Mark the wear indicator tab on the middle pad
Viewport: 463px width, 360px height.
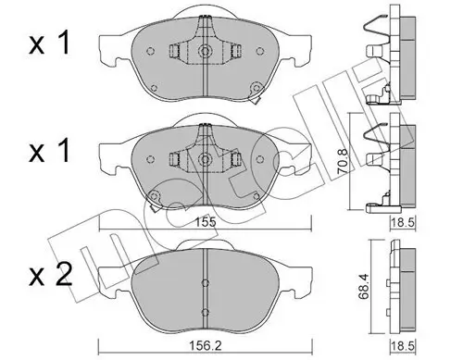point(153,197)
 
